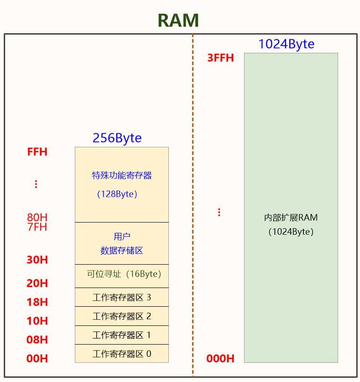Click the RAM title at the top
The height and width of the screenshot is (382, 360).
pyautogui.click(x=178, y=20)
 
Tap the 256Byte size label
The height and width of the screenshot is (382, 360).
pyautogui.click(x=117, y=138)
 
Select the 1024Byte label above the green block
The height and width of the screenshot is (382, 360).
pyautogui.click(x=286, y=44)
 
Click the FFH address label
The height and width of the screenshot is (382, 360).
pyautogui.click(x=37, y=152)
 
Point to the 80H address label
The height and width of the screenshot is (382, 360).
pyautogui.click(x=37, y=217)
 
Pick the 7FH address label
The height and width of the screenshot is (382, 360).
pyautogui.click(x=37, y=227)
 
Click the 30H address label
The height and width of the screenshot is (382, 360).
pyautogui.click(x=37, y=260)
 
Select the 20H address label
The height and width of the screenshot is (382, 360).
pyautogui.click(x=37, y=283)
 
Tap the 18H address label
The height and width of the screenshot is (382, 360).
pyautogui.click(x=37, y=302)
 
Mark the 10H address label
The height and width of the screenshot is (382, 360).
pyautogui.click(x=37, y=321)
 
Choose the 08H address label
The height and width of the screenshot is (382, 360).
pyautogui.click(x=37, y=339)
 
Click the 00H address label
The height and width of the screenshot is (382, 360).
pyautogui.click(x=37, y=359)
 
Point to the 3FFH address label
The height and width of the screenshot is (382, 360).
pyautogui.click(x=220, y=58)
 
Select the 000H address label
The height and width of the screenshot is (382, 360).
pyautogui.click(x=220, y=359)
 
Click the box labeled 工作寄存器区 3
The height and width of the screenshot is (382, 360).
pyautogui.click(x=122, y=297)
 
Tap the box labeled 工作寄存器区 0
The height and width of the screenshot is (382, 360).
pyautogui.click(x=122, y=354)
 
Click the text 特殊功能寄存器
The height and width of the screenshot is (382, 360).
pyautogui.click(x=122, y=176)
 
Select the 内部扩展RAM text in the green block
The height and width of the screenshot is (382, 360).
pyautogui.click(x=291, y=218)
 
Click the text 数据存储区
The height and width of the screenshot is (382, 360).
pyautogui.click(x=122, y=251)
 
